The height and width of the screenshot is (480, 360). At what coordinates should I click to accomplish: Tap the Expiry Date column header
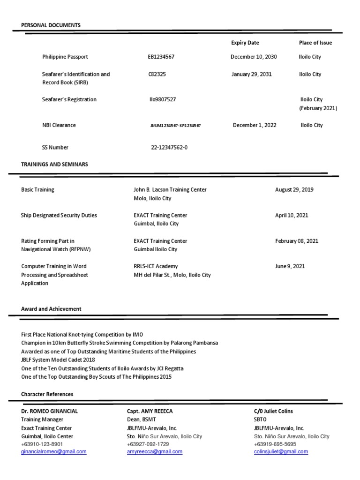pyautogui.click(x=245, y=43)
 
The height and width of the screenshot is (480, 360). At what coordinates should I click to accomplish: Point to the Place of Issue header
pyautogui.click(x=315, y=43)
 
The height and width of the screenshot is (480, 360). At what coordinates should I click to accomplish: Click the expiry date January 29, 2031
pyautogui.click(x=251, y=74)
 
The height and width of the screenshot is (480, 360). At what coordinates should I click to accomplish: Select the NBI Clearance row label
pyautogui.click(x=59, y=125)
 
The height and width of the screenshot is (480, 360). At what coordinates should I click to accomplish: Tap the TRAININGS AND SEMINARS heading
pyautogui.click(x=54, y=165)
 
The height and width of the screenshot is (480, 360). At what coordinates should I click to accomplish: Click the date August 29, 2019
pyautogui.click(x=294, y=190)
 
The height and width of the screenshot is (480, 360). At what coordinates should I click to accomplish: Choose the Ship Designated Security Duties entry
pyautogui.click(x=59, y=215)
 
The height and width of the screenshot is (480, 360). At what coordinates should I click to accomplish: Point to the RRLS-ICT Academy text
pyautogui.click(x=156, y=266)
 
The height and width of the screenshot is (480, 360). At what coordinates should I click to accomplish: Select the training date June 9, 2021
pyautogui.click(x=290, y=266)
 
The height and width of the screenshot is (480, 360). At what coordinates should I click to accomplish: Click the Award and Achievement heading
pyautogui.click(x=51, y=309)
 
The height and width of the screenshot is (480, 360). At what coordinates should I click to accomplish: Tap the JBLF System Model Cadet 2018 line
pyautogui.click(x=58, y=360)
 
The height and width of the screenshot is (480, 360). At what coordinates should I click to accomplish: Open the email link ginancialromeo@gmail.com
pyautogui.click(x=54, y=452)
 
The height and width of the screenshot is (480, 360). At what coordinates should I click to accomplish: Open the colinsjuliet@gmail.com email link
pyautogui.click(x=281, y=452)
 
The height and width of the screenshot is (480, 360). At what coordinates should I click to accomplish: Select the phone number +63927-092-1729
pyautogui.click(x=148, y=444)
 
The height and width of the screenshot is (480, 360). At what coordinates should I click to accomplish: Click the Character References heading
pyautogui.click(x=47, y=394)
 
